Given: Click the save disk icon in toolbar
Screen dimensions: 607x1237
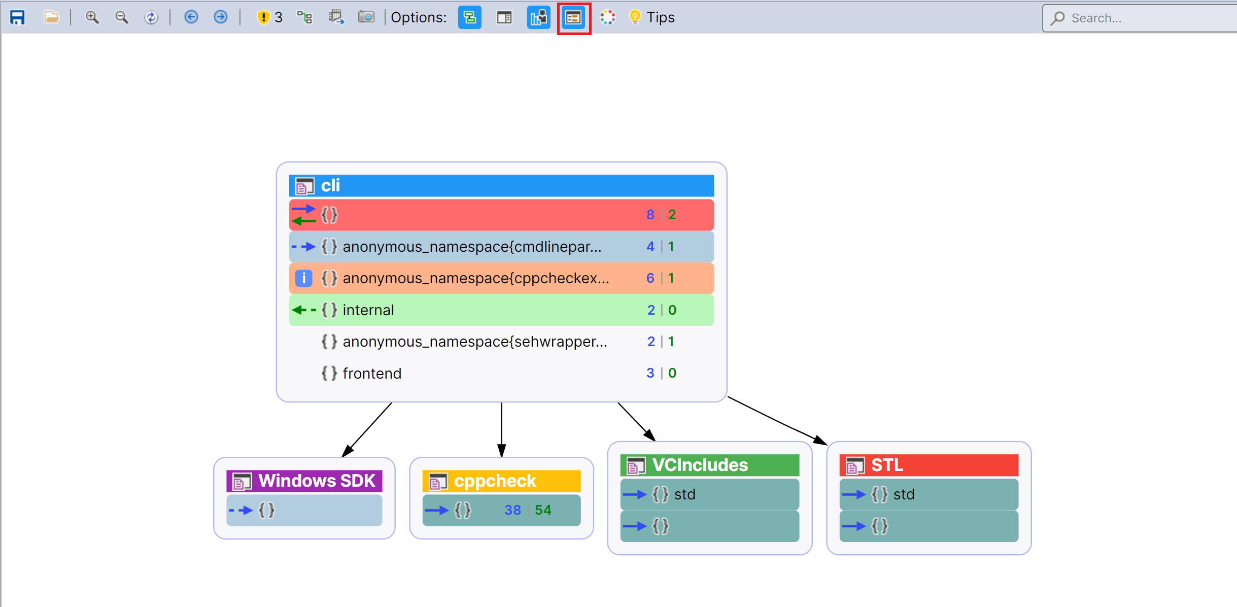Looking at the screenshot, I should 17,18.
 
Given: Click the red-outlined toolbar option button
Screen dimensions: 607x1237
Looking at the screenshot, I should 573,18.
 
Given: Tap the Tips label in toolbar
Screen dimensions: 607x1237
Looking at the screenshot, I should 660,18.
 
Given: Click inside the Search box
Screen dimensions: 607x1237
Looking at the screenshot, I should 1142,18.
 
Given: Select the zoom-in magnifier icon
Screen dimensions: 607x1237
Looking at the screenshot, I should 92,18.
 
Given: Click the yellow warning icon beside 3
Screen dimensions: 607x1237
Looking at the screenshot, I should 263,18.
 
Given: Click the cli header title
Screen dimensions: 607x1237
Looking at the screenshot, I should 330,186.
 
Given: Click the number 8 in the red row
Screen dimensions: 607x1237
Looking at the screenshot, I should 650,215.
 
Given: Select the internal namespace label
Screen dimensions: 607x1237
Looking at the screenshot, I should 368,310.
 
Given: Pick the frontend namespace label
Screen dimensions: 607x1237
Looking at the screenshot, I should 372,374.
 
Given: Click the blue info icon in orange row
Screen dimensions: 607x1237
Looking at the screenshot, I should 303,278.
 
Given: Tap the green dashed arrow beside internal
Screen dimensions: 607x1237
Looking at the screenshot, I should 304,310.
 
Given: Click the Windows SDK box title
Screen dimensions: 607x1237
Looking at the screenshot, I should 317,481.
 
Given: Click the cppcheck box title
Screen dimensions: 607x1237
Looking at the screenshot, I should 495,481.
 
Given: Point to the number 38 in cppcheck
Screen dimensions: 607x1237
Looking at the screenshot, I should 512,510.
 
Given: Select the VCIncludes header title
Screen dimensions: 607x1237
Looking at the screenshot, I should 700,465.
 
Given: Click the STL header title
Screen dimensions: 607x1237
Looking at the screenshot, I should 887,465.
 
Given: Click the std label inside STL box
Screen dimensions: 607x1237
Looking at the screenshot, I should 904,494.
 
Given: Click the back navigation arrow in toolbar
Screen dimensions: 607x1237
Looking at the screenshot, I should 191,18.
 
